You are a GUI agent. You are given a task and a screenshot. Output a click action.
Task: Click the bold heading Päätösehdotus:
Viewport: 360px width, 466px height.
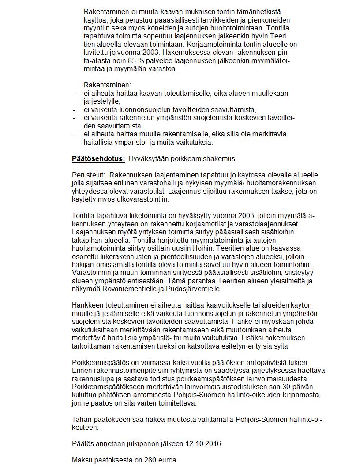coord(98,158)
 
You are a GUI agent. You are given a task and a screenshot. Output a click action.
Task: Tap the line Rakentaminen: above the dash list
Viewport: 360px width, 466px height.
coord(107,85)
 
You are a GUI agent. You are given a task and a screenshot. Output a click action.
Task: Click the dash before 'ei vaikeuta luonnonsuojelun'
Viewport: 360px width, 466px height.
coord(74,109)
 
